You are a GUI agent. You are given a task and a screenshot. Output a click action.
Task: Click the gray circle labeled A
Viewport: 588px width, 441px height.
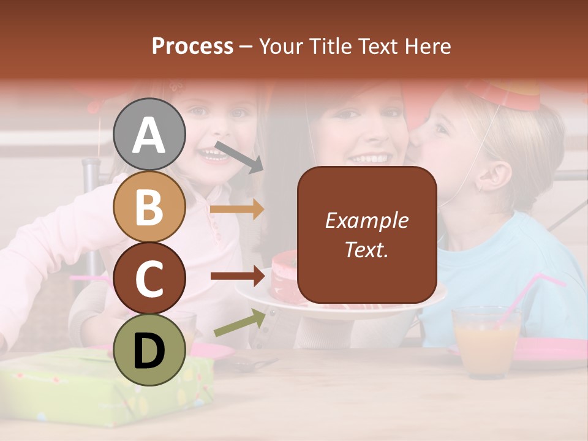pyautogui.click(x=149, y=135)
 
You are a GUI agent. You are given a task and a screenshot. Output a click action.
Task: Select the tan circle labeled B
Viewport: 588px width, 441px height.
pyautogui.click(x=149, y=207)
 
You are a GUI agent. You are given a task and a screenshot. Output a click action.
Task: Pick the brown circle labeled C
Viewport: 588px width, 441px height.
pyautogui.click(x=149, y=278)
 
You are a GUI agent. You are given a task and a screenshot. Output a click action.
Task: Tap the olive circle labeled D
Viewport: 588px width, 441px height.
pyautogui.click(x=149, y=350)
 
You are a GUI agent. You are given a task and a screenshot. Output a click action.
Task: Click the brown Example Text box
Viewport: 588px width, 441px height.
pyautogui.click(x=367, y=235)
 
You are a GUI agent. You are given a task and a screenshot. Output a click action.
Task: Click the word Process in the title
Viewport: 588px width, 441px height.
pyautogui.click(x=192, y=47)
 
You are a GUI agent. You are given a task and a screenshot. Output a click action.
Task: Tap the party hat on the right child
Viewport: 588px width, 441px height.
pyautogui.click(x=505, y=94)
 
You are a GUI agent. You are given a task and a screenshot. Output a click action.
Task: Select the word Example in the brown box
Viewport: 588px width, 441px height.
pyautogui.click(x=366, y=221)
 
